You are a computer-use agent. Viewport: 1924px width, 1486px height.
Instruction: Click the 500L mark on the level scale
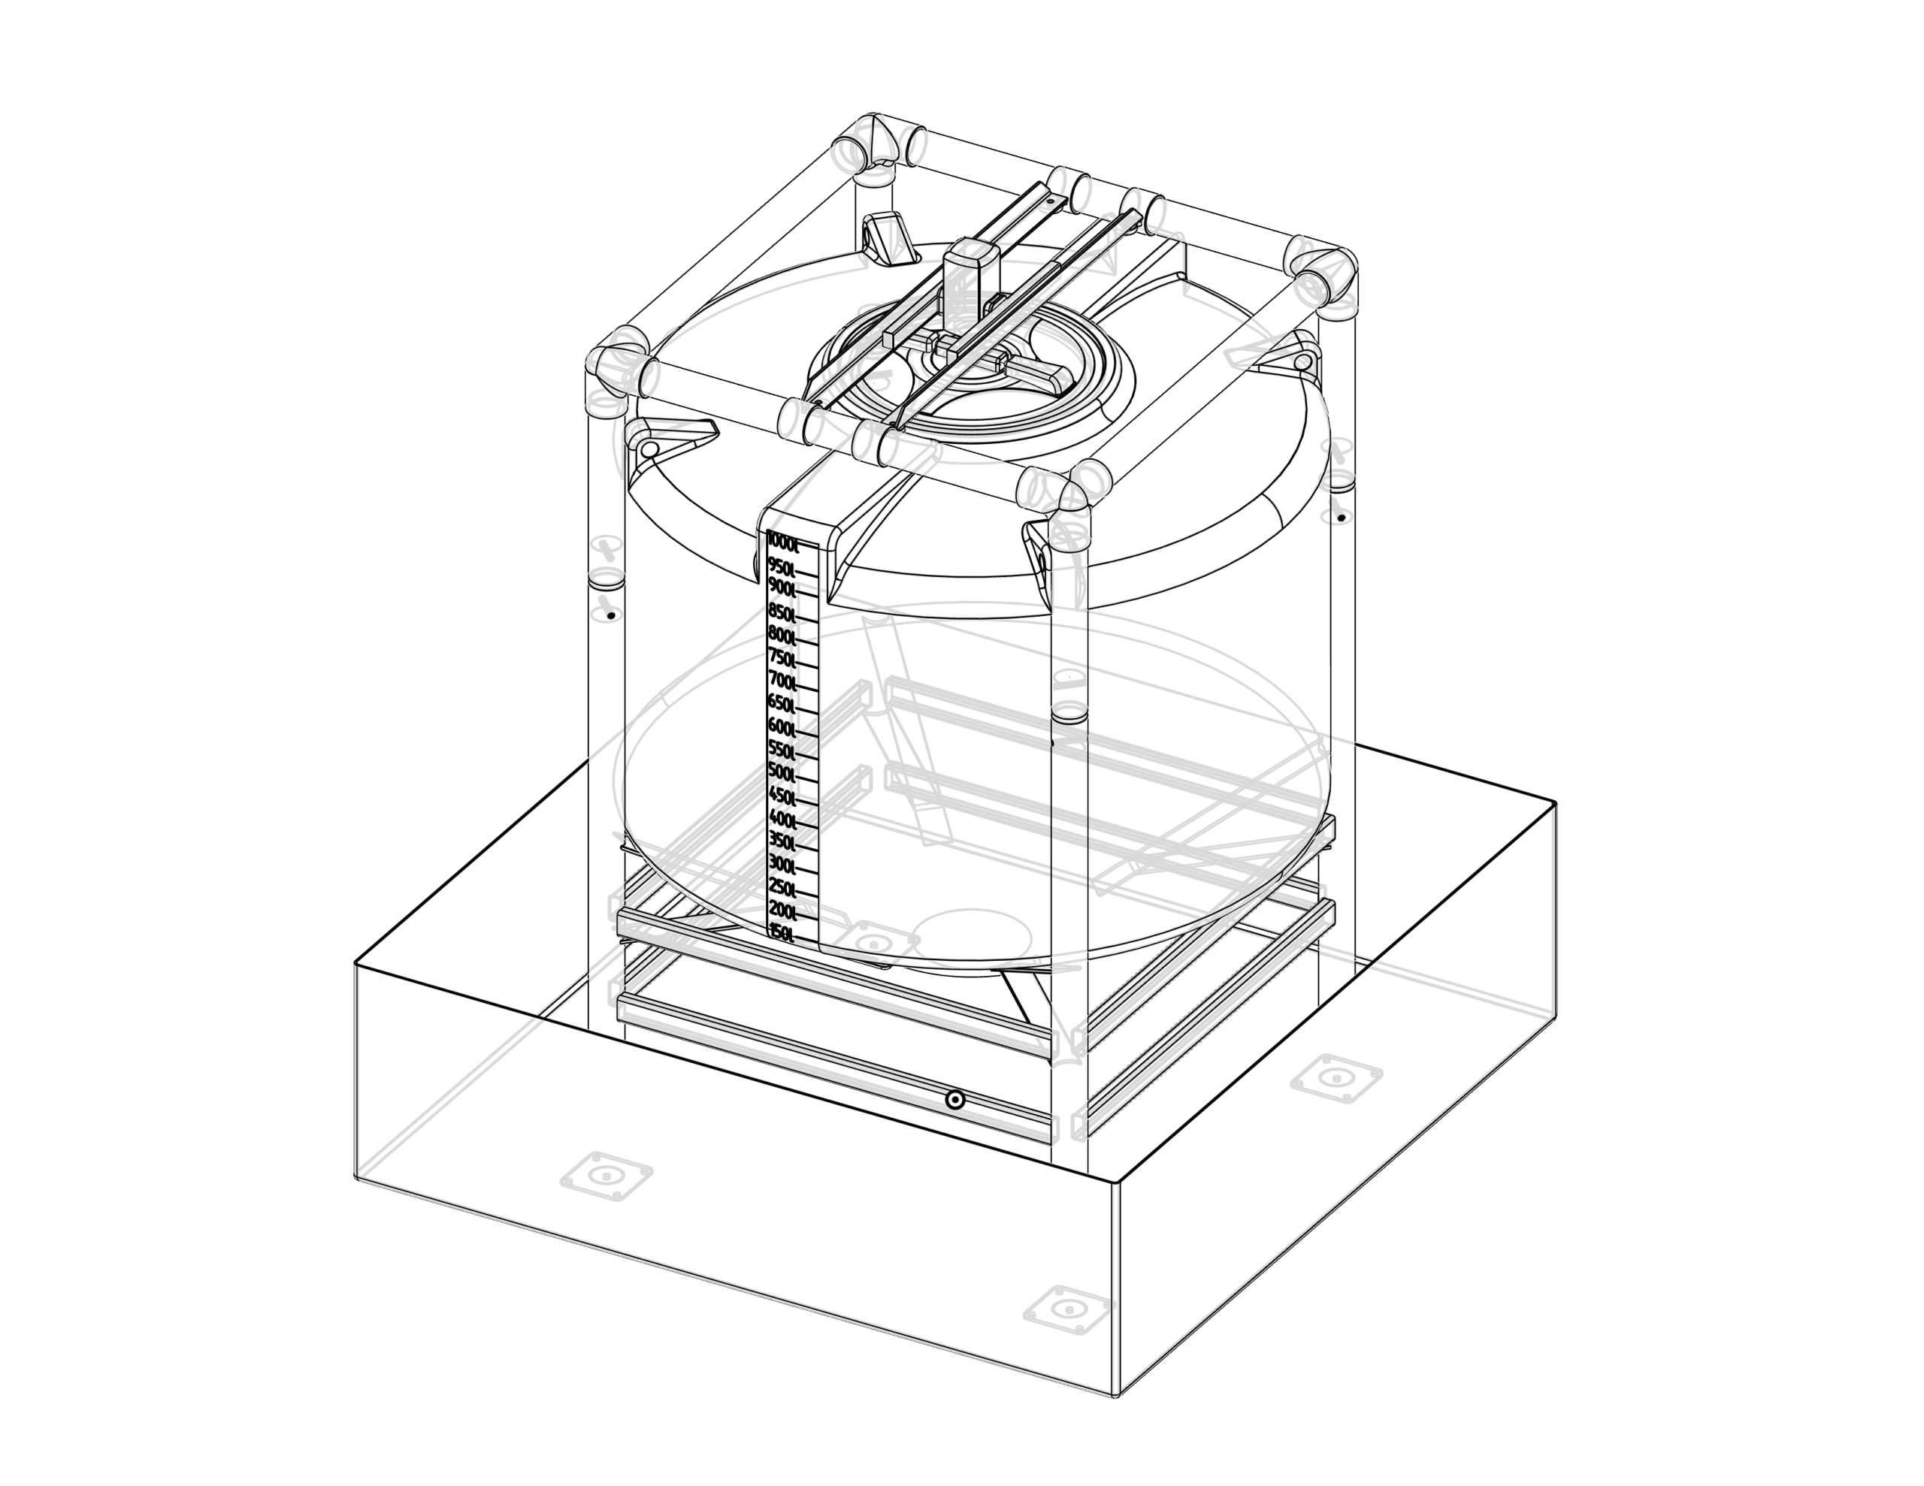coord(782,771)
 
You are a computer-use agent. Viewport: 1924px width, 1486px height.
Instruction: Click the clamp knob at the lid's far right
coord(1320,276)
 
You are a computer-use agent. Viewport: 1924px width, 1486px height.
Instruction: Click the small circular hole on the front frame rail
coord(954,1099)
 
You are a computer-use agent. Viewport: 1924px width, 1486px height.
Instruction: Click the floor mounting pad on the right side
coord(1336,1077)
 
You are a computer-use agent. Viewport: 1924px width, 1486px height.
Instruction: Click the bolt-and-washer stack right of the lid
coord(1337,481)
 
